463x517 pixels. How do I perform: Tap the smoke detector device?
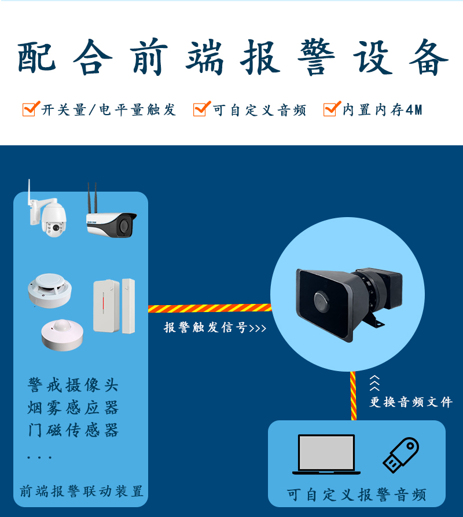coord(49,290)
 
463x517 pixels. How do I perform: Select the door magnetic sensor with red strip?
coord(114,306)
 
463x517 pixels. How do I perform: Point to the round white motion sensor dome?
coord(62,335)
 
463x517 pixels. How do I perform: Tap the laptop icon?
coord(326,454)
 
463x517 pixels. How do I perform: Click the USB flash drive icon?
coord(400,455)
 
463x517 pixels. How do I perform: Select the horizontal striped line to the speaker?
coord(210,308)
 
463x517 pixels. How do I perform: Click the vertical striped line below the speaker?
coord(353,395)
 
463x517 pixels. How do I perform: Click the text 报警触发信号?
coord(205,328)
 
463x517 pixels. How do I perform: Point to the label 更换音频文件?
coord(411,402)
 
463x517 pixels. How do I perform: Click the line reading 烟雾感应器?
coord(73,408)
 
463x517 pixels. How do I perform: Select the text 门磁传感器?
coord(73,430)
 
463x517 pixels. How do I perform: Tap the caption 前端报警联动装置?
coord(81,492)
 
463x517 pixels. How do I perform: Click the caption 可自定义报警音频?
coord(357,495)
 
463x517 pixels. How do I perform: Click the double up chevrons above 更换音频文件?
coord(374,383)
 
